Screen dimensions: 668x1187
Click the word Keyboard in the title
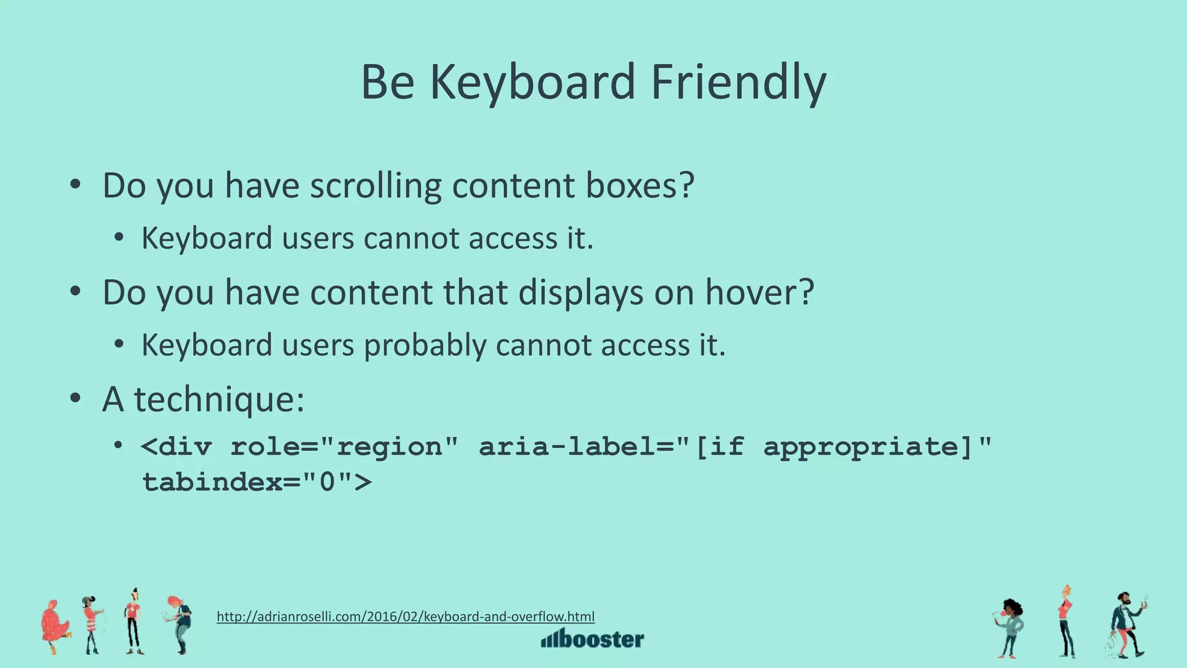532,83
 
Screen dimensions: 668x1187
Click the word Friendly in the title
738,83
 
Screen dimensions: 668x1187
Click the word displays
580,292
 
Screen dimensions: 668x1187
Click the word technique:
219,400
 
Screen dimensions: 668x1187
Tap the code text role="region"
344,447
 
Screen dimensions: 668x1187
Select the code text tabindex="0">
257,482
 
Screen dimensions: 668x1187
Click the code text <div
176,447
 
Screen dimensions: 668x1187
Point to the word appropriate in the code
860,447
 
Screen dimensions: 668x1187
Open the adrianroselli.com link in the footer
406,616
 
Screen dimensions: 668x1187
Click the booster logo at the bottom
592,638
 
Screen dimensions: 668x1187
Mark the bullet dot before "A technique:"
75,399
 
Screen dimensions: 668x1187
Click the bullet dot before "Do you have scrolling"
75,186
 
